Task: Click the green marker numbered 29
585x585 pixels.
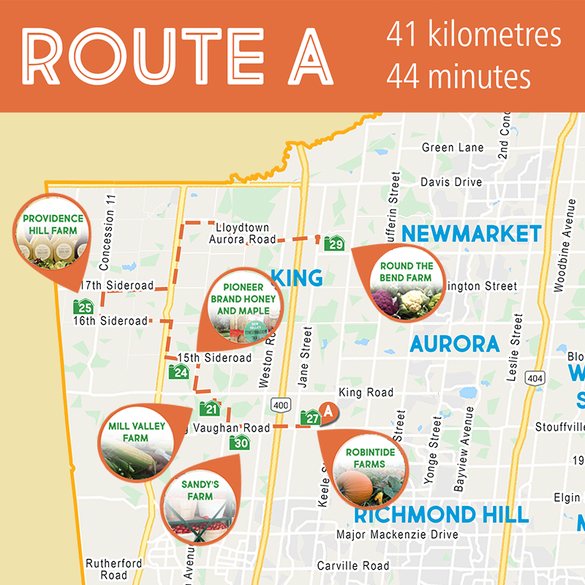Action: coord(335,244)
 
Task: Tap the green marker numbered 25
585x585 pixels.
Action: coord(83,306)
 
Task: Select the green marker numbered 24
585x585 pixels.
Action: coord(179,371)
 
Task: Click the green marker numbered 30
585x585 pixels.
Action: coord(240,442)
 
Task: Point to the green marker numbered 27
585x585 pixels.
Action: coord(312,418)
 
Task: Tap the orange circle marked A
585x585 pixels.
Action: coord(329,412)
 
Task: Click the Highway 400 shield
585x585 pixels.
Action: coord(280,404)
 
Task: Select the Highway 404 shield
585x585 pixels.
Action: coord(536,378)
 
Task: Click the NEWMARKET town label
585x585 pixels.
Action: coord(472,234)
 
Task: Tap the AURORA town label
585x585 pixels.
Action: coord(454,344)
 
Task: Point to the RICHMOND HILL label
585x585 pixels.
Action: coord(441,514)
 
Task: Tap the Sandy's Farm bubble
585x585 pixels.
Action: coord(198,500)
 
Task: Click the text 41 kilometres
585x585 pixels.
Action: coord(474,35)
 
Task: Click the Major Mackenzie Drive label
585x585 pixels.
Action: coord(397,535)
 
